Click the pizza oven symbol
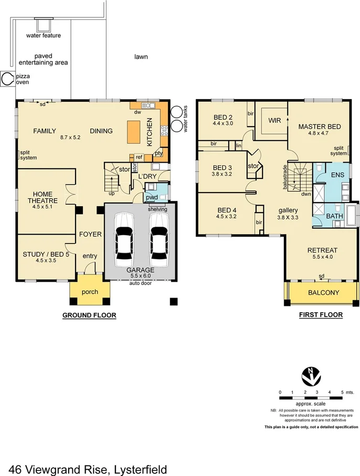[x=7, y=79]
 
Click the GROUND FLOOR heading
[x=89, y=315]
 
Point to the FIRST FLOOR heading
[x=321, y=315]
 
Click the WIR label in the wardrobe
[x=274, y=121]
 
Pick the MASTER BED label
[x=320, y=126]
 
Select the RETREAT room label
[x=322, y=250]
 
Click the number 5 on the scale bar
[x=342, y=393]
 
